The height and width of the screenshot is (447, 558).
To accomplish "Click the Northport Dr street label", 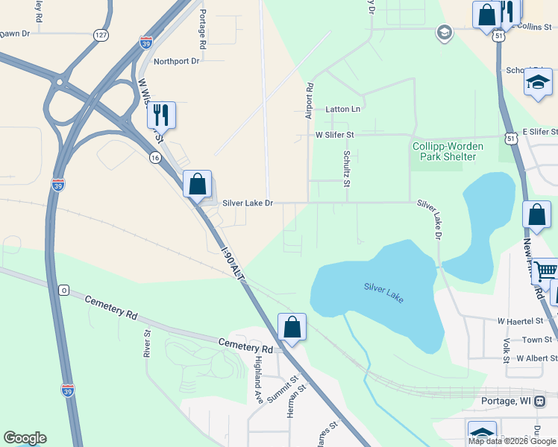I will pyautogui.click(x=175, y=61).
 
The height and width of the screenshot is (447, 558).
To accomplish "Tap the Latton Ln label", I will pyautogui.click(x=342, y=110).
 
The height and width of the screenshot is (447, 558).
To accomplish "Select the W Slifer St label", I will pyautogui.click(x=334, y=135).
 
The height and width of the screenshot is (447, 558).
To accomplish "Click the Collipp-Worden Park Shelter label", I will pyautogui.click(x=448, y=151).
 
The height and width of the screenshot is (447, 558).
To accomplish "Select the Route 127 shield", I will pyautogui.click(x=101, y=35).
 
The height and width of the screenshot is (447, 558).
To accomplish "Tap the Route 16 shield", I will pyautogui.click(x=154, y=157).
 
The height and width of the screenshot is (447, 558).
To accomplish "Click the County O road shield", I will pyautogui.click(x=64, y=290).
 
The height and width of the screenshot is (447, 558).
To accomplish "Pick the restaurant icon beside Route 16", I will pyautogui.click(x=161, y=115).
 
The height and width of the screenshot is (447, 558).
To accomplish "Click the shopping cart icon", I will pyautogui.click(x=545, y=271).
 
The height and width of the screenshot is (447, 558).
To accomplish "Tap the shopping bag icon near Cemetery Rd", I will pyautogui.click(x=292, y=326).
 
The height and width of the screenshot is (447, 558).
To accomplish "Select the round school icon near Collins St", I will pyautogui.click(x=444, y=32).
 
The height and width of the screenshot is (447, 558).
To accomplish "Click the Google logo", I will pyautogui.click(x=25, y=438).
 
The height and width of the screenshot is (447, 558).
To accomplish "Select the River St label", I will pyautogui.click(x=145, y=343).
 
